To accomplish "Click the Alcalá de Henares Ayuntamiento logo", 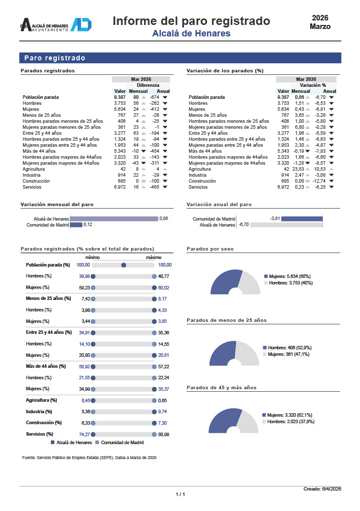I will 55,25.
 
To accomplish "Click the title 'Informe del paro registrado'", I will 191,21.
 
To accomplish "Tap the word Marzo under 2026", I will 320,26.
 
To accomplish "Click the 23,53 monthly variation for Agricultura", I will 297,169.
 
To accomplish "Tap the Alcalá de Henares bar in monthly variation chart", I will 114,219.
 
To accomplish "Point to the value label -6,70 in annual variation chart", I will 244,225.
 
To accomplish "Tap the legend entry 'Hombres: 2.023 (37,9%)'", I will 290,422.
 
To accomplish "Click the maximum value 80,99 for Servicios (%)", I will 164,434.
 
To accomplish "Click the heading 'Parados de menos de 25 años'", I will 226,320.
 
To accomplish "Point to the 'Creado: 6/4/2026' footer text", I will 322,489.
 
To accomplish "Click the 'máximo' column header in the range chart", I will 154,257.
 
